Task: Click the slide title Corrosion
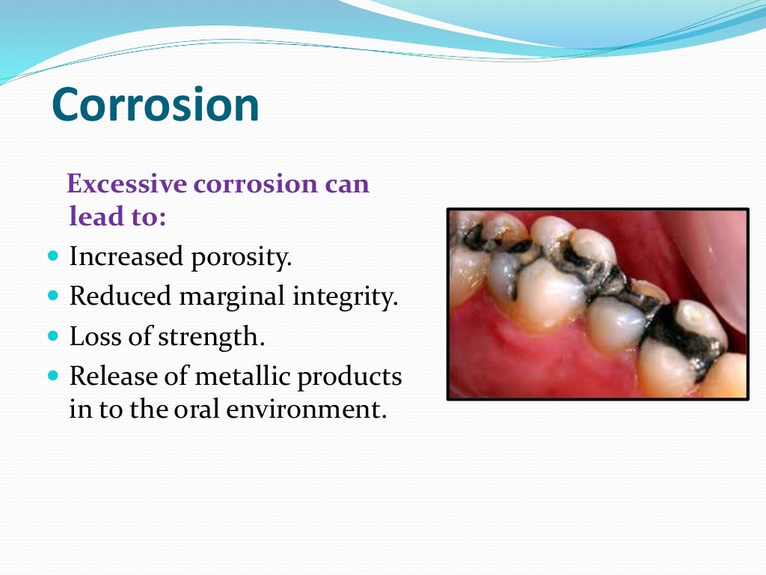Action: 156,105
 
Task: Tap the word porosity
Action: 248,257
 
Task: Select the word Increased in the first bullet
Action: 126,257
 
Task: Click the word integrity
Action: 346,296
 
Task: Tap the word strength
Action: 211,337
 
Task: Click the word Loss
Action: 94,337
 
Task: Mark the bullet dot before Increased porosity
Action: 52,256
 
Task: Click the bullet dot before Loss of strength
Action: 52,336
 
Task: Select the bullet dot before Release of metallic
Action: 52,376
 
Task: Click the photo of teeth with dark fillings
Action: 597,304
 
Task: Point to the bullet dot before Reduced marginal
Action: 52,296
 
